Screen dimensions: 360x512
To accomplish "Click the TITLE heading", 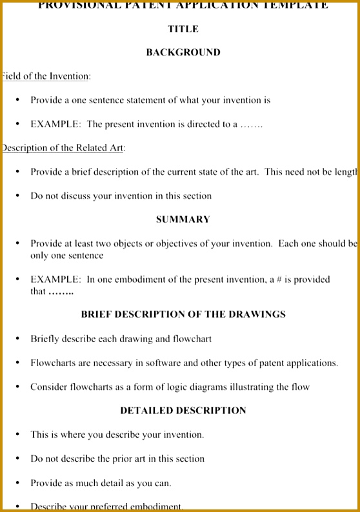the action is click(x=183, y=29).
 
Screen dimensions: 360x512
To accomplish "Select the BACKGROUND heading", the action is click(x=183, y=52).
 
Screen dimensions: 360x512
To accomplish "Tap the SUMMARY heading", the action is click(x=183, y=220).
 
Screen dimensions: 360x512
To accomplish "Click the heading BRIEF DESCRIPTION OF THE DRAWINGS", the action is click(x=183, y=314).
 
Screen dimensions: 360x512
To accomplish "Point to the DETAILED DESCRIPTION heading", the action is click(x=183, y=411).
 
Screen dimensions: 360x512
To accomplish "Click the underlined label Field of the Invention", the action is click(x=45, y=76).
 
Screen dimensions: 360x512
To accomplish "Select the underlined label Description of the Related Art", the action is click(x=63, y=148).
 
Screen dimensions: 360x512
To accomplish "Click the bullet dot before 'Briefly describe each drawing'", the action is click(x=17, y=338).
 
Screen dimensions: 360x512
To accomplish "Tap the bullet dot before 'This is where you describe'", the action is click(x=17, y=435).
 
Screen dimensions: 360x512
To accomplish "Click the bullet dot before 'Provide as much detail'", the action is click(x=17, y=483).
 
